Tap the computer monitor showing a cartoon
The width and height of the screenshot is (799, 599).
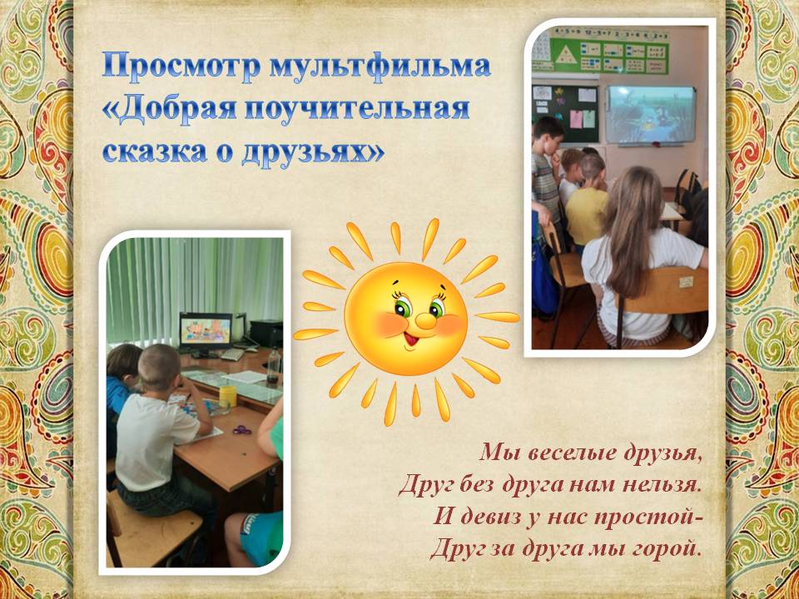click(x=206, y=332)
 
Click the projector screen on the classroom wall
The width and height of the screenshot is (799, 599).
click(x=651, y=115)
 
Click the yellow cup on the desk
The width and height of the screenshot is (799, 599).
click(x=228, y=396)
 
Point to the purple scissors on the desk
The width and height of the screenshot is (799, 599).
click(x=242, y=430)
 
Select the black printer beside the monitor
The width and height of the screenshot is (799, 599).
click(x=266, y=333)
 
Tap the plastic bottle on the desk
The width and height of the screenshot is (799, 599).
click(x=274, y=365)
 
